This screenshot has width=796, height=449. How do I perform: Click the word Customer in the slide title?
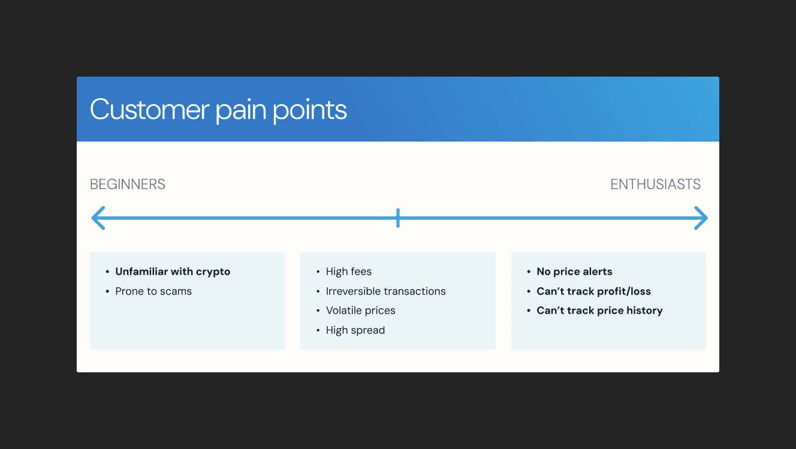pyautogui.click(x=150, y=110)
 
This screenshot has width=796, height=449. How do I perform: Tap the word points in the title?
pyautogui.click(x=310, y=110)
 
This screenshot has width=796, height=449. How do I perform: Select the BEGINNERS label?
pyautogui.click(x=128, y=184)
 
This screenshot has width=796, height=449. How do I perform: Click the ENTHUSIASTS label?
pyautogui.click(x=655, y=184)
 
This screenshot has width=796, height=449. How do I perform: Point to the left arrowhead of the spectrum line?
pyautogui.click(x=98, y=218)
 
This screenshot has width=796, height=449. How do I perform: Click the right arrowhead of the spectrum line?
pyautogui.click(x=701, y=218)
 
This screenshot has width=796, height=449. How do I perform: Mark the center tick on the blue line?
pyautogui.click(x=398, y=218)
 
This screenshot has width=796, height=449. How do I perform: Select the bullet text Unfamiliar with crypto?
pyautogui.click(x=173, y=272)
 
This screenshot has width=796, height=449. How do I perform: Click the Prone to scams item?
pyautogui.click(x=153, y=292)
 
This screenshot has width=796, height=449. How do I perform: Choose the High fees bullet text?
pyautogui.click(x=349, y=272)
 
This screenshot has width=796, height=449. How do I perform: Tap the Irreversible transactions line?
pyautogui.click(x=385, y=292)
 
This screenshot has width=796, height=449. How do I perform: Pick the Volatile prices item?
pyautogui.click(x=361, y=311)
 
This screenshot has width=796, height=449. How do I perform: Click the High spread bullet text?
pyautogui.click(x=355, y=330)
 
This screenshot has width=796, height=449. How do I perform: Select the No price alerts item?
pyautogui.click(x=574, y=272)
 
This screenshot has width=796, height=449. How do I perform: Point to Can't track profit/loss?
pyautogui.click(x=593, y=292)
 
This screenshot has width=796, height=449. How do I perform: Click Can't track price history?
pyautogui.click(x=599, y=311)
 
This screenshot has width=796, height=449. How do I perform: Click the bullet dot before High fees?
pyautogui.click(x=318, y=272)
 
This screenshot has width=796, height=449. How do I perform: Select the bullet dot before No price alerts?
pyautogui.click(x=529, y=272)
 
